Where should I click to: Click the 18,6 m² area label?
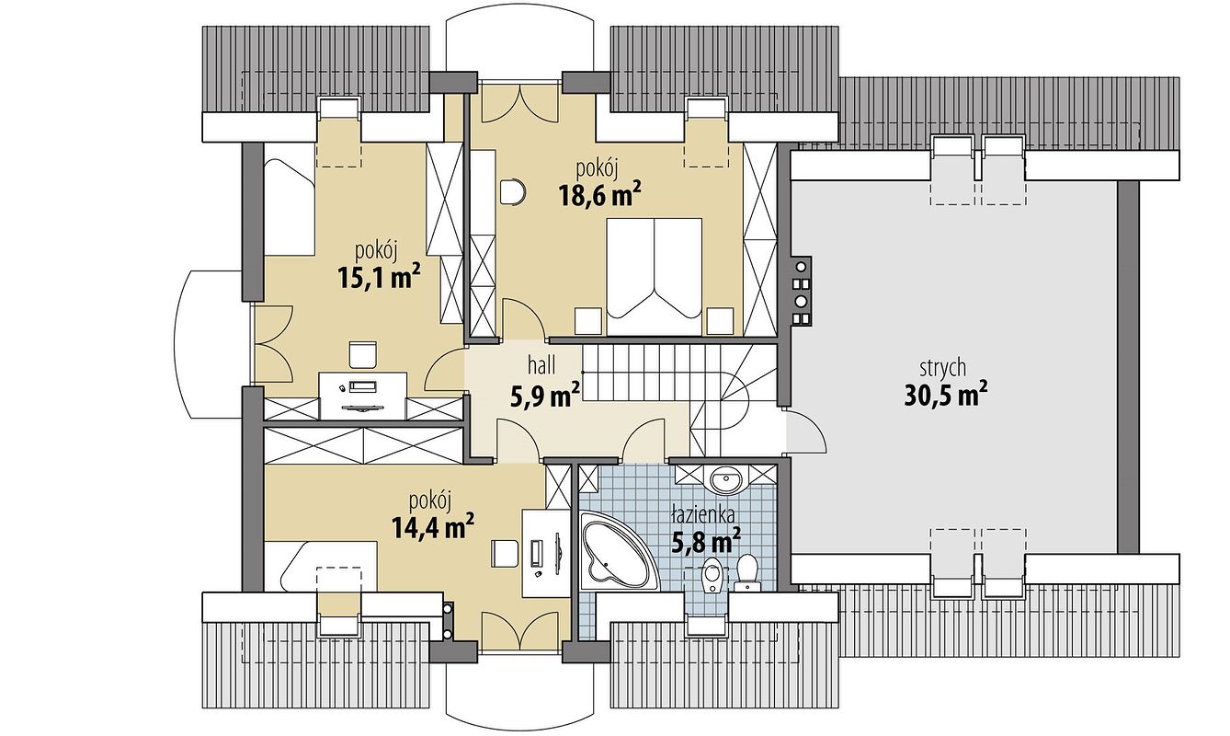click(599, 195)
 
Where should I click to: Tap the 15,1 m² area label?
click(380, 277)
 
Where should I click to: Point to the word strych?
click(943, 369)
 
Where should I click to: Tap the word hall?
click(541, 364)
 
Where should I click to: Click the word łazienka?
click(703, 516)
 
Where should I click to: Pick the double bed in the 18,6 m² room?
click(654, 277)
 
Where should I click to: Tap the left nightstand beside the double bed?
click(588, 322)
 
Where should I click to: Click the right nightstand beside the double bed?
click(721, 322)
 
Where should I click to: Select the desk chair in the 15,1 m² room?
click(363, 355)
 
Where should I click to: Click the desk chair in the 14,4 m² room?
click(505, 554)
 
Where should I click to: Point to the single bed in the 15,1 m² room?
click(289, 207)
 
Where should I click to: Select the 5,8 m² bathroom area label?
click(706, 541)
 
